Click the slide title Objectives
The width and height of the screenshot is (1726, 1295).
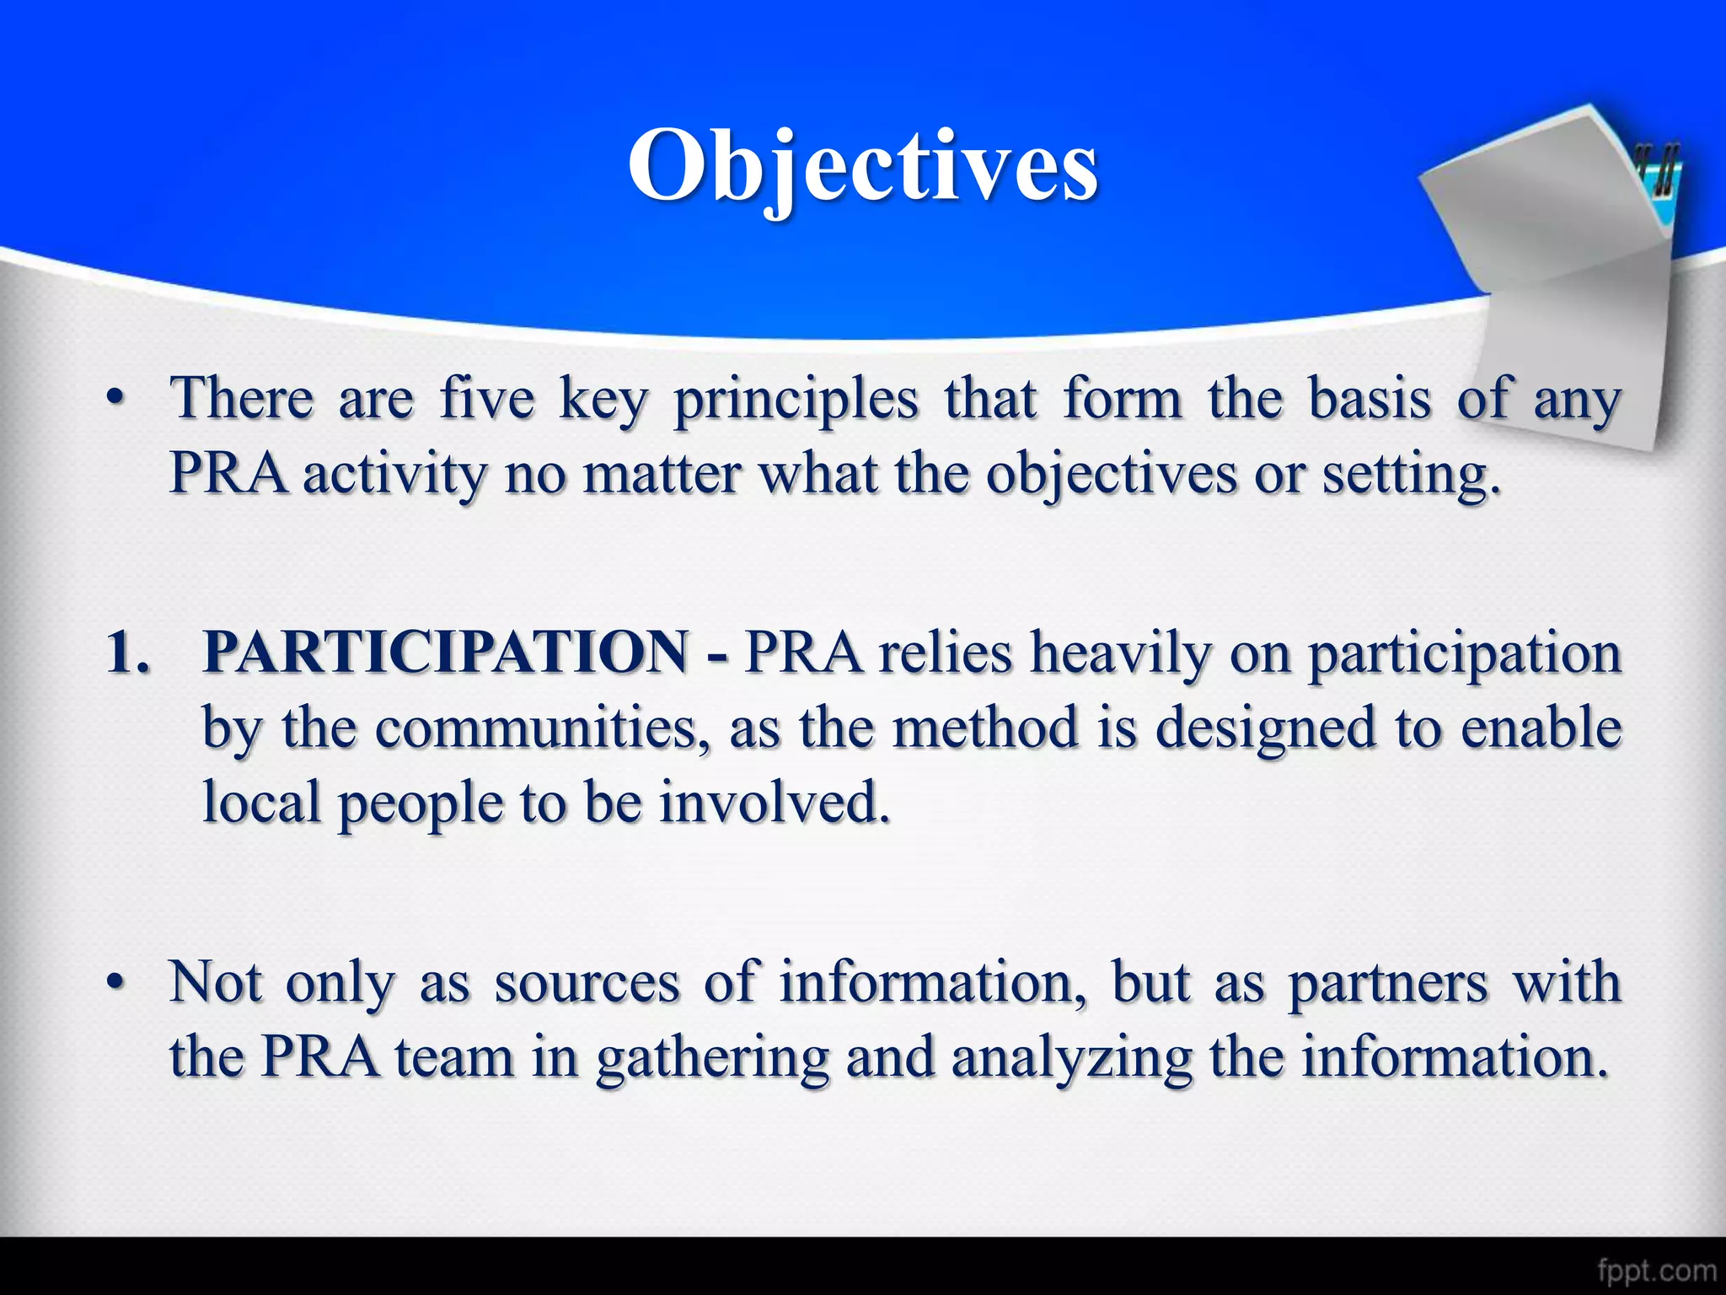click(x=863, y=165)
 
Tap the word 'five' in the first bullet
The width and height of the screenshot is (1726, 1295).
click(x=487, y=398)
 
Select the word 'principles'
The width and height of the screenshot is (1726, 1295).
click(x=796, y=400)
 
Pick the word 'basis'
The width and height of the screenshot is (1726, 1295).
click(x=1370, y=398)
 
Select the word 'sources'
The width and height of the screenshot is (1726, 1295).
click(x=587, y=983)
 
